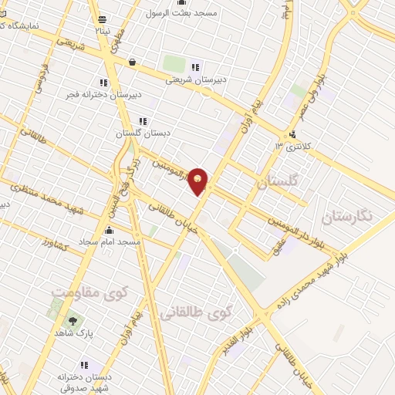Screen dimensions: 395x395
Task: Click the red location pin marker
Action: click(x=199, y=181)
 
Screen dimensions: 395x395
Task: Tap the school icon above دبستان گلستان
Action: click(x=142, y=121)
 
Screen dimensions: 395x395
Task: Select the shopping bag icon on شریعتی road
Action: click(x=133, y=62)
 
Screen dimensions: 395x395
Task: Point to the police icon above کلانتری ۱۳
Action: click(x=291, y=133)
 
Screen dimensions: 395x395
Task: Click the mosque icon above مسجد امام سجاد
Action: click(x=109, y=230)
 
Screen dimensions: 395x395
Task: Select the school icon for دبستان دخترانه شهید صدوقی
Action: click(x=84, y=364)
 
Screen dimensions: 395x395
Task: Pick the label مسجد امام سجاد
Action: click(x=113, y=242)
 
